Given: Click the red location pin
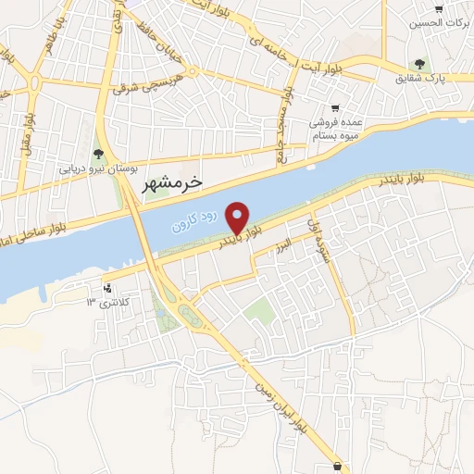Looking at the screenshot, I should pos(239,218).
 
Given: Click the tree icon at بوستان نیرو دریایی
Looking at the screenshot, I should pos(99,154).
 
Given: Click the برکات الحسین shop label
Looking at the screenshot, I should pos(441,21).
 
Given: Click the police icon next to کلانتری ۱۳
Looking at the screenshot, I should pos(109,287).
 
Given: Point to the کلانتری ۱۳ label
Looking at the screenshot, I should pos(104,302).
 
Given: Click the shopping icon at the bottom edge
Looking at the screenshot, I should pos(338,467).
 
